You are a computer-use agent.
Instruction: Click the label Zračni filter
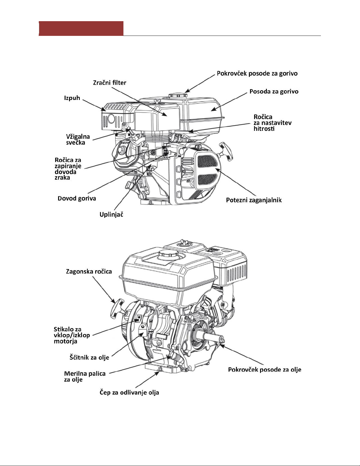(110, 83)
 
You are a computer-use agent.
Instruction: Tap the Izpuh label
(72, 98)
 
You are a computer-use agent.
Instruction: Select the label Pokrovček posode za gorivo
(257, 74)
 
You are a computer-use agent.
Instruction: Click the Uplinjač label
(111, 214)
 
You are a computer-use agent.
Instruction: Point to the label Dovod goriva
(77, 198)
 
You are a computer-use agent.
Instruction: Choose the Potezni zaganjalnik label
(254, 200)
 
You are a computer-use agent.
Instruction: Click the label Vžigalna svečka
(78, 140)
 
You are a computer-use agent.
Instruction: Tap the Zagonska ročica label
(89, 272)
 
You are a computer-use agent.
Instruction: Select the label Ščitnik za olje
(89, 358)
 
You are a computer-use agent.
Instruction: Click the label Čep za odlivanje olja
(129, 393)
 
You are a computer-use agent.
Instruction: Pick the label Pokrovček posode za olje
(265, 370)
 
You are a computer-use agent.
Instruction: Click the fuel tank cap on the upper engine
(178, 96)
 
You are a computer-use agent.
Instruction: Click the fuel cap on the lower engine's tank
(168, 254)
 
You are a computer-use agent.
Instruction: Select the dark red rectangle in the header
(81, 28)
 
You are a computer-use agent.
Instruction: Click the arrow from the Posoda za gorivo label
(229, 102)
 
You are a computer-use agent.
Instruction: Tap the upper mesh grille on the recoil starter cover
(207, 162)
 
